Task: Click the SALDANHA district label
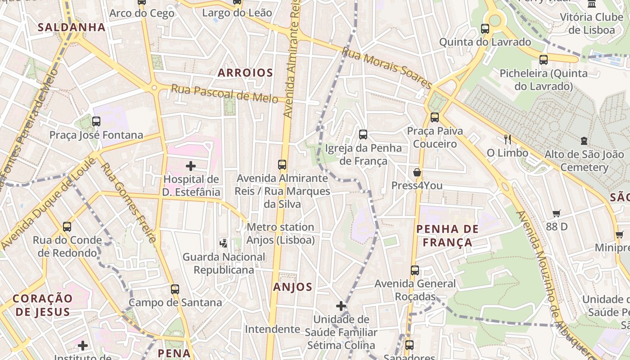coord(72,27)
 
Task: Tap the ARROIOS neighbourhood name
coord(245,73)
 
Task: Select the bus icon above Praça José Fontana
coord(96,121)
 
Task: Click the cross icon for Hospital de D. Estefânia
coord(191,166)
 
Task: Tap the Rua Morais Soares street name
coord(387,67)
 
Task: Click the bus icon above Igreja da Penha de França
coord(363,134)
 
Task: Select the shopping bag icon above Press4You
coord(417,172)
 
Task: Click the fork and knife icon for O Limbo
coord(508,139)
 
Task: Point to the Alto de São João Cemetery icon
coord(584,141)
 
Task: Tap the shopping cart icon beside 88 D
coord(557,213)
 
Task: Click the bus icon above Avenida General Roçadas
coord(415,270)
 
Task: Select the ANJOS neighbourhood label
coord(292,287)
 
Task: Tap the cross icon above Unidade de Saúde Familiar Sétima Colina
coord(341,306)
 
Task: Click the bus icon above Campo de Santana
coord(175,289)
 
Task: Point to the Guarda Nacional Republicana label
coord(224,263)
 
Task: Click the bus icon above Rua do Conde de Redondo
coord(67,226)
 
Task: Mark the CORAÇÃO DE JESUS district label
coord(42,305)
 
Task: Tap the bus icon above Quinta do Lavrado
coord(485,29)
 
